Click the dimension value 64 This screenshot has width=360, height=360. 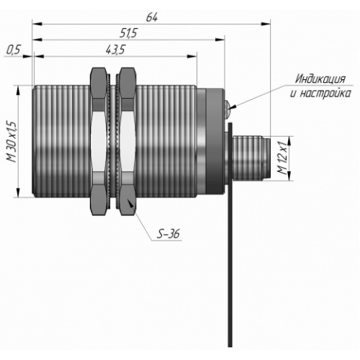[x=152, y=18]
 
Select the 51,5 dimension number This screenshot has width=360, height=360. [x=128, y=33]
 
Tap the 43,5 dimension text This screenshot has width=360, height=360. [x=115, y=50]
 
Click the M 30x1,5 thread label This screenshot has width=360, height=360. [x=12, y=142]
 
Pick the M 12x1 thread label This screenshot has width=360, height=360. [x=282, y=158]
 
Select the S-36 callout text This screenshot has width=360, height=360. [x=168, y=233]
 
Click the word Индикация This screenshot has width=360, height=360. [x=320, y=78]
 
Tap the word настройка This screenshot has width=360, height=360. [x=327, y=93]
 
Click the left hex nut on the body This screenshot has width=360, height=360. [x=99, y=142]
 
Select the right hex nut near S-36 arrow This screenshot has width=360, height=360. [x=127, y=142]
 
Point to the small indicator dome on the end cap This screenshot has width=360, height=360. [x=228, y=105]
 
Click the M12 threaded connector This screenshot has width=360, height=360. [x=250, y=158]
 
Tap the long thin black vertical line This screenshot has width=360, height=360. [x=230, y=235]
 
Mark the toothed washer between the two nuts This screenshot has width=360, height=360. [x=113, y=142]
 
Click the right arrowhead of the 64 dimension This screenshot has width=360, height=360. [x=266, y=24]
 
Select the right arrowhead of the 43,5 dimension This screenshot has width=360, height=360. [x=192, y=56]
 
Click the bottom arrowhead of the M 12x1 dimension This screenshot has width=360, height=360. [x=289, y=176]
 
